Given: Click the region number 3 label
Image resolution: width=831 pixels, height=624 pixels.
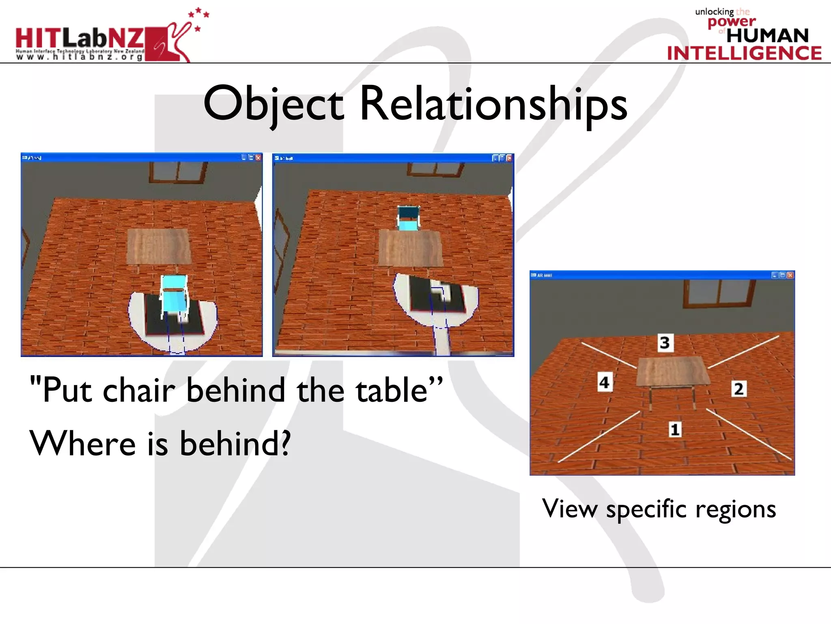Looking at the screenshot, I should click(x=664, y=342).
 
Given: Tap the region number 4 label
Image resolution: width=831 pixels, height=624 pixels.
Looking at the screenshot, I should click(x=604, y=382).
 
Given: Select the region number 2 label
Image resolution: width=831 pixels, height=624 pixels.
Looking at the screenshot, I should click(x=738, y=389).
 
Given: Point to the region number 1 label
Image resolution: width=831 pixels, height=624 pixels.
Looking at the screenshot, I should click(x=675, y=429).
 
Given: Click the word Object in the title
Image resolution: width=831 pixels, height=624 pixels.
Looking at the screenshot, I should click(x=273, y=104).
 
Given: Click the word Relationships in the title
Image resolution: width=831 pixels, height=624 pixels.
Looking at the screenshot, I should click(x=493, y=104).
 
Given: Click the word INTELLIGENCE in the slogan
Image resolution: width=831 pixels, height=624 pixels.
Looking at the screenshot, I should click(x=744, y=54).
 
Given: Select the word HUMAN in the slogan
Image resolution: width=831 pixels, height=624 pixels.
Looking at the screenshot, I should click(x=767, y=36).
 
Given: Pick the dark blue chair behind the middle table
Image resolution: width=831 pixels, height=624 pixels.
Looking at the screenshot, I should click(x=408, y=218).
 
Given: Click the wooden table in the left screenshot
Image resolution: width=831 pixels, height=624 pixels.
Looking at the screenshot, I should click(x=158, y=247).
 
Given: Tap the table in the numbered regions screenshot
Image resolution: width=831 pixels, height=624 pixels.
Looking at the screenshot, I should click(x=672, y=371).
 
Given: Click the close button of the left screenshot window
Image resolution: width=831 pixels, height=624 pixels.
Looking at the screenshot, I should click(x=258, y=158).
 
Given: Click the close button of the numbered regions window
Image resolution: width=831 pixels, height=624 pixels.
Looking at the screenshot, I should click(x=790, y=275).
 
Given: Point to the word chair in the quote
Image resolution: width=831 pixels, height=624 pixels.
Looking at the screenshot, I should click(x=139, y=390).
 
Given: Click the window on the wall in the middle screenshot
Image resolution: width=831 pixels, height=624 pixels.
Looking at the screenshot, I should click(x=435, y=169).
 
